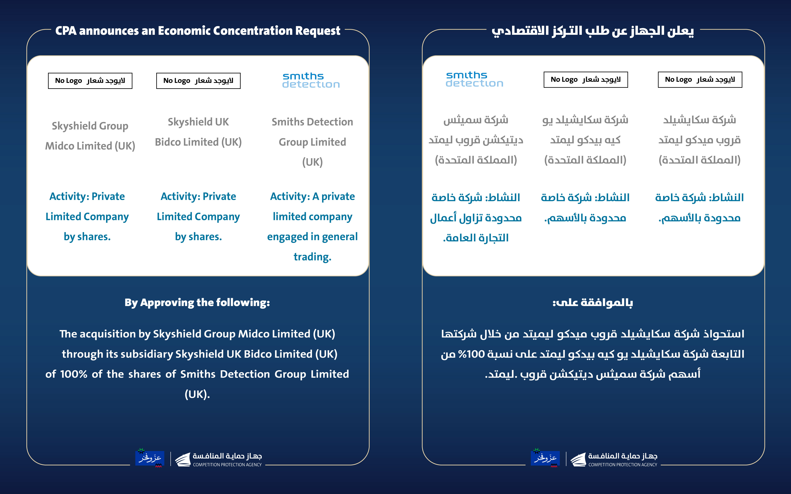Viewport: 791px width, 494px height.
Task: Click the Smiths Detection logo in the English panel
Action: coord(311,80)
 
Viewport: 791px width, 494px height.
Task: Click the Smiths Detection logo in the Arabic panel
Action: coord(474,79)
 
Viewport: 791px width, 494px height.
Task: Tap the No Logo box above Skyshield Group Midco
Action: coord(90,81)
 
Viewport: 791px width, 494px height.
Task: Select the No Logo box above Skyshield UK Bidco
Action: coord(198,81)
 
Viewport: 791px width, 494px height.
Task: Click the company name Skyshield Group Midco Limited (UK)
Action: coord(90,136)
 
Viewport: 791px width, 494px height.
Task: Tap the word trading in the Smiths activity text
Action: coord(312,257)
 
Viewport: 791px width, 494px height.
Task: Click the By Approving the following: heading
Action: coord(197,303)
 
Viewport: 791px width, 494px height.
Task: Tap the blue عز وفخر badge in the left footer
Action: coord(150,458)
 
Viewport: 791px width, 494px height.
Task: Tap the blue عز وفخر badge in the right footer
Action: coord(545,458)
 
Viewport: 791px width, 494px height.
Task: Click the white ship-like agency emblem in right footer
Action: coord(578,459)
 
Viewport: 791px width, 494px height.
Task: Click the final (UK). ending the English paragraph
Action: coord(197,394)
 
